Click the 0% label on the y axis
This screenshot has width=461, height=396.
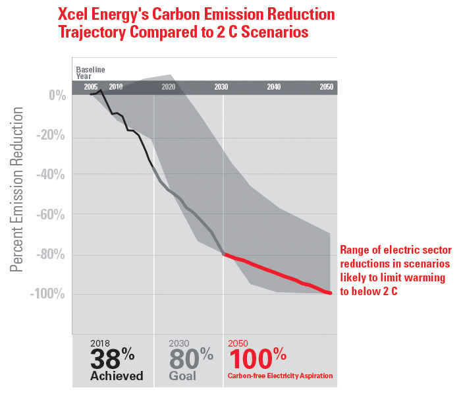tap(58, 96)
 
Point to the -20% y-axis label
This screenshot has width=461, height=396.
tap(53, 135)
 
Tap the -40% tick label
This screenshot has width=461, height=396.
tap(53, 175)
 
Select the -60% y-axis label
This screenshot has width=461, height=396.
tap(53, 215)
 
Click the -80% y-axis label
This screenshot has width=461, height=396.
tap(53, 254)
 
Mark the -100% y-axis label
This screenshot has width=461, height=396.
tap(49, 294)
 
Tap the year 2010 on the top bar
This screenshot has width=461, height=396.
tap(116, 87)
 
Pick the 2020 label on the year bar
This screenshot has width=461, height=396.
tap(168, 87)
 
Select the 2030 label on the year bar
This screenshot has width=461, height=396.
tap(221, 87)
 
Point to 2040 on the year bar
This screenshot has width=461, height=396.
tap(274, 87)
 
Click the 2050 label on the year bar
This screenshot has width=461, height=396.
tap(326, 87)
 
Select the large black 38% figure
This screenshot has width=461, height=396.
tap(113, 358)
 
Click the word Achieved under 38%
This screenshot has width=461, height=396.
tap(117, 376)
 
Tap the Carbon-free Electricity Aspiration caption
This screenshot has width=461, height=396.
tap(281, 376)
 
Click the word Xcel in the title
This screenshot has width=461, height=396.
tap(76, 14)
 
